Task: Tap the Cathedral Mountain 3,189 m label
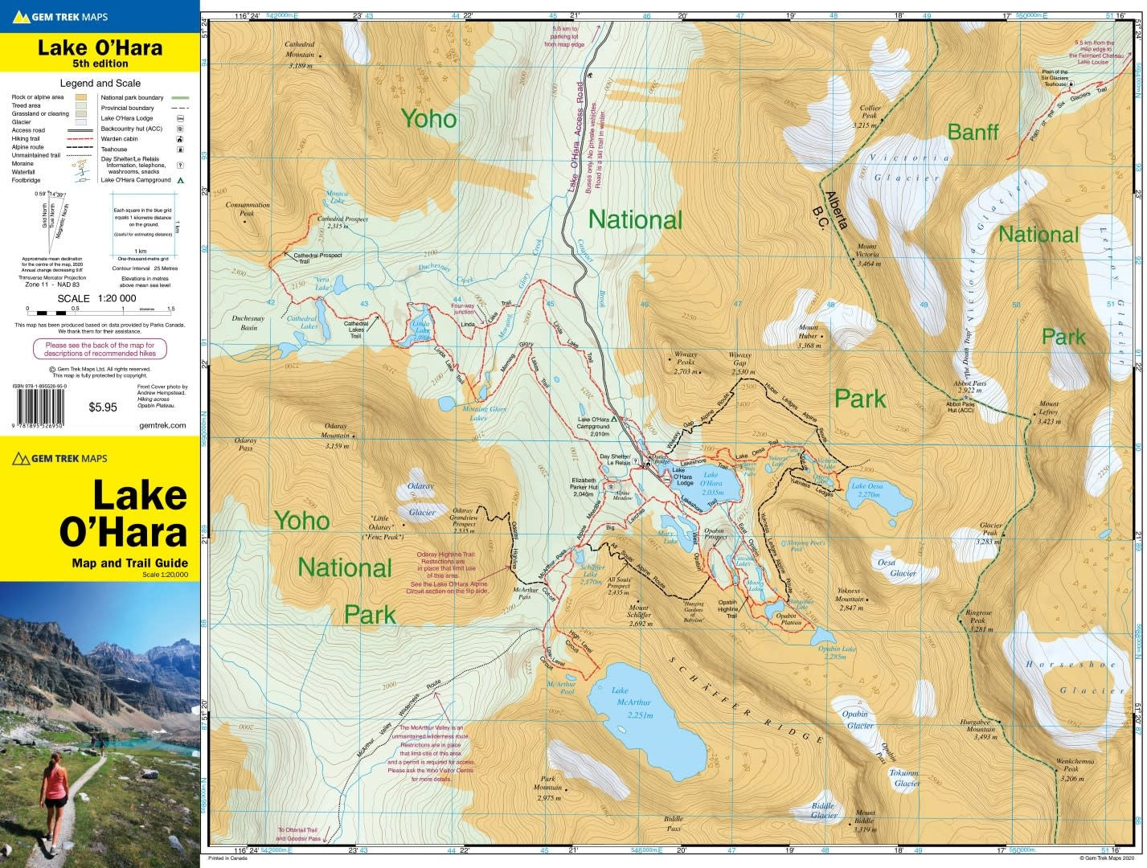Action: click(300, 55)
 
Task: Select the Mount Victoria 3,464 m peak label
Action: click(867, 254)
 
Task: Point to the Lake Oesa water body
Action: click(878, 497)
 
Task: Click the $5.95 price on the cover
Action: click(102, 407)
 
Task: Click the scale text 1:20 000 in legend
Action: click(117, 298)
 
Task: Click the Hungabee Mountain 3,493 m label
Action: click(979, 729)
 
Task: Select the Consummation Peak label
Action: click(248, 209)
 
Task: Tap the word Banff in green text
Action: click(973, 132)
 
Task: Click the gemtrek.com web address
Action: click(166, 426)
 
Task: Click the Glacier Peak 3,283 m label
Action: click(989, 533)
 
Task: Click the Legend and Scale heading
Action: click(100, 83)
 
